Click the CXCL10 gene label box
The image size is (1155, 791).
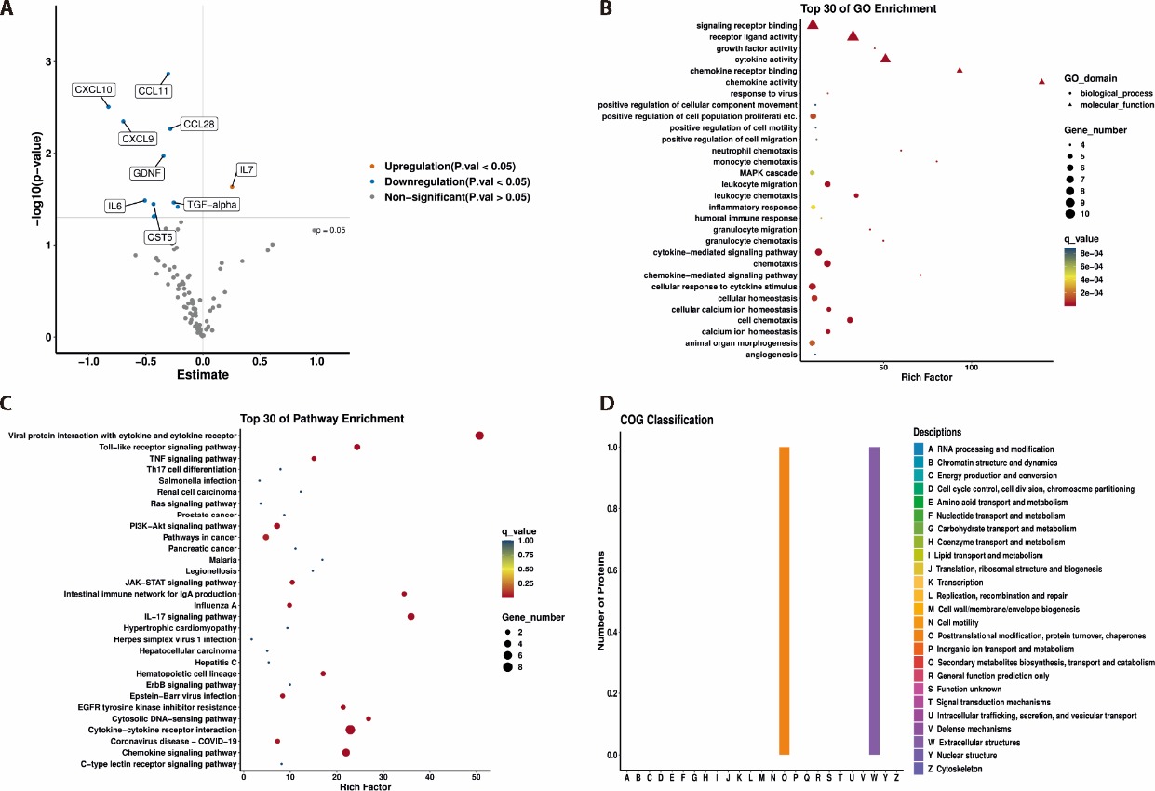(x=94, y=90)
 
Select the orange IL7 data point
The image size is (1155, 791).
(x=233, y=186)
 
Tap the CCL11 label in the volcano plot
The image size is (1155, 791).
(x=154, y=91)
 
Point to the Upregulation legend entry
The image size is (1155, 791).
(x=436, y=166)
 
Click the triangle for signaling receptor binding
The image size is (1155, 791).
(x=813, y=24)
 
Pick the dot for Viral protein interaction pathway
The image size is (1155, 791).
(x=479, y=436)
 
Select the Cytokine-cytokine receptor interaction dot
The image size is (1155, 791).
(x=350, y=730)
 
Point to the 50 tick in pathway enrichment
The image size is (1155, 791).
(x=477, y=778)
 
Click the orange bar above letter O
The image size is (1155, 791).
(x=785, y=600)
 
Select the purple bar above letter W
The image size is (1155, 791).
(x=874, y=600)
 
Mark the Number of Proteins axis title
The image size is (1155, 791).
(x=601, y=599)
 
